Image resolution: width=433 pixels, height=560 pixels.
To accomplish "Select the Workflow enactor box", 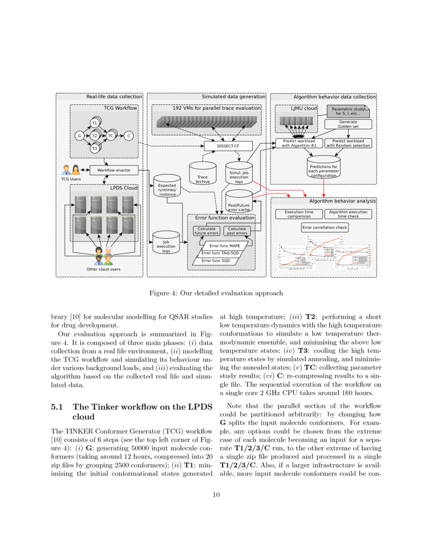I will (114, 170).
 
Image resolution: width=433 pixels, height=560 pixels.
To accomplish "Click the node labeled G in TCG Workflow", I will (79, 136).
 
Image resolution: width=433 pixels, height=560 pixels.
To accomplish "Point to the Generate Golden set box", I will (348, 124).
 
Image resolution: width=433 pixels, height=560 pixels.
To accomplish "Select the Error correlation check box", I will (325, 227).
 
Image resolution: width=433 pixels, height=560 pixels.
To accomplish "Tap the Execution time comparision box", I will (299, 214).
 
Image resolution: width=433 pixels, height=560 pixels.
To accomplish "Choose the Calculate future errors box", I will (207, 231).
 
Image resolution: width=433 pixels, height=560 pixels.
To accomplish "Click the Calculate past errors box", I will (237, 231).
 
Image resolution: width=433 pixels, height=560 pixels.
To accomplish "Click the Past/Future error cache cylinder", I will (239, 201).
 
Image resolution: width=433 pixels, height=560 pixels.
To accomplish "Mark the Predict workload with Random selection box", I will (348, 143).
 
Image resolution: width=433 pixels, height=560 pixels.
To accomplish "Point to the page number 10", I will (216, 494).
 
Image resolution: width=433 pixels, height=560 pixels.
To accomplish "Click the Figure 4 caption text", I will (216, 293).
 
